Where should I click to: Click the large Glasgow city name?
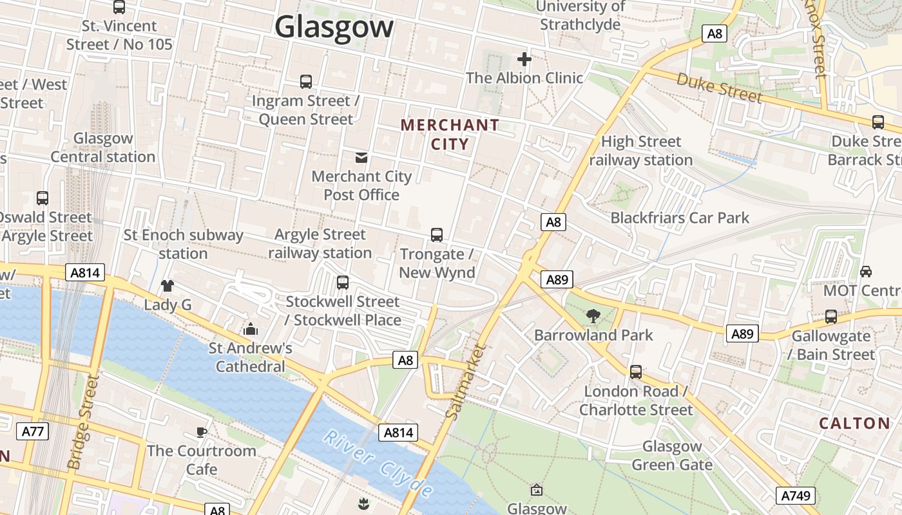tap(334, 27)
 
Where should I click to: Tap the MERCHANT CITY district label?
tap(450, 134)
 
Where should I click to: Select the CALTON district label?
tap(854, 423)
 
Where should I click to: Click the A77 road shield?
tap(32, 431)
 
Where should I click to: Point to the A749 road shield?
tap(796, 495)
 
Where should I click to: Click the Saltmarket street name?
tap(466, 382)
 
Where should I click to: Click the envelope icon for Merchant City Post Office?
tap(361, 157)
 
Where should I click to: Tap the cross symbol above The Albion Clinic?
tap(524, 59)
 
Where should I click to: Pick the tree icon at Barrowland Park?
tap(593, 315)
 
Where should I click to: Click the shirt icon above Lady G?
tap(168, 285)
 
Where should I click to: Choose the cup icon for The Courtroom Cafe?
tap(202, 431)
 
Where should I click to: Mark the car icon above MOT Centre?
tap(866, 271)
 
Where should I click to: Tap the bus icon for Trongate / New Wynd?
tap(437, 235)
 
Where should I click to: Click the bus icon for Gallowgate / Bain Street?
tap(831, 317)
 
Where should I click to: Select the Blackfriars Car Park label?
tap(680, 218)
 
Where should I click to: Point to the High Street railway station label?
tap(641, 151)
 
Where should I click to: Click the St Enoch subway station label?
tap(183, 244)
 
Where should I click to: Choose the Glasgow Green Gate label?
tap(672, 455)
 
